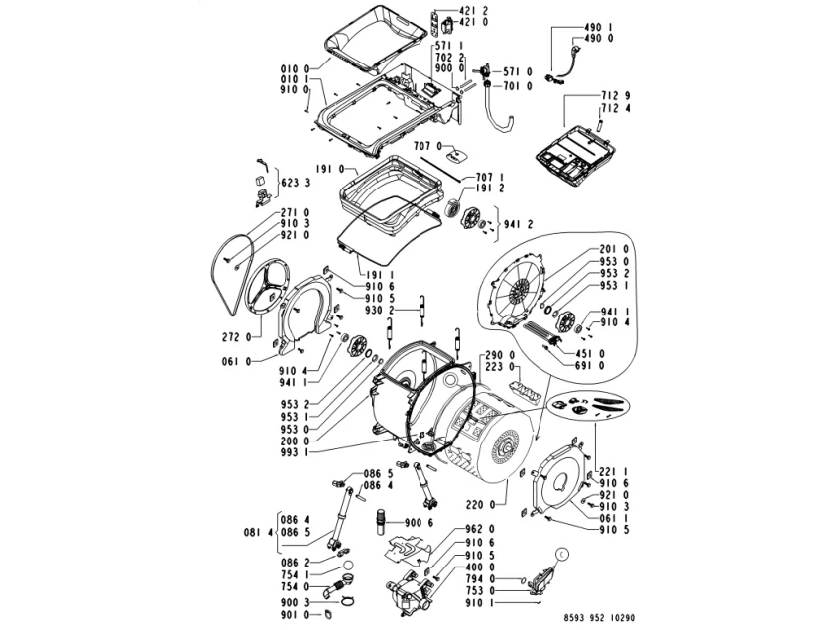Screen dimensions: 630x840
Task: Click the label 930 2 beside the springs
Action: click(383, 311)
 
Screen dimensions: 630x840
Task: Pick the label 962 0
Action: click(481, 529)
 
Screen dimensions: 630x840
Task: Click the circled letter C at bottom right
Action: click(562, 556)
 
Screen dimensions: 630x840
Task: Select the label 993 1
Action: click(293, 452)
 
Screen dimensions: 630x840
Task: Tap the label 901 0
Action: click(292, 615)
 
